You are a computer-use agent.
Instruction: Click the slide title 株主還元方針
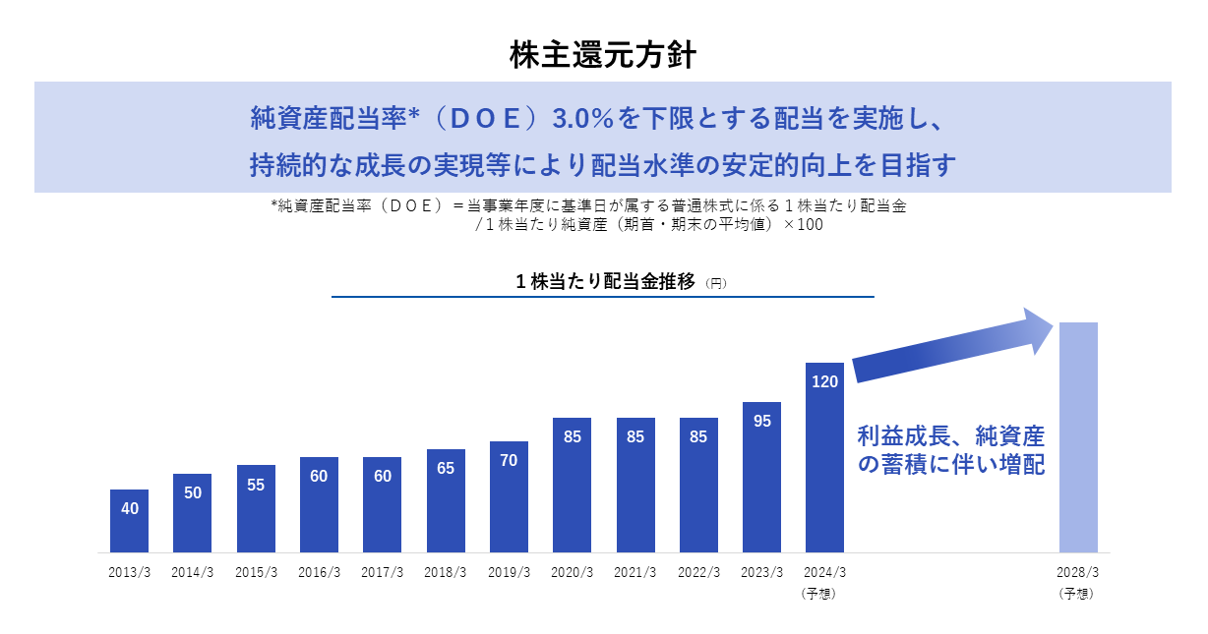click(603, 54)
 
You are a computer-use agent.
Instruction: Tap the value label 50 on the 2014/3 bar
click(193, 492)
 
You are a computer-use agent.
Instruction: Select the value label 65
click(446, 468)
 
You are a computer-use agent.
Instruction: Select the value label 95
click(761, 421)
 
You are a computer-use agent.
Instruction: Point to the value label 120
click(824, 381)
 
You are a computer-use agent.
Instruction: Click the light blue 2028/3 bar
click(1078, 437)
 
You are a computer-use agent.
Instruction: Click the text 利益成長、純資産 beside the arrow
click(950, 435)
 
